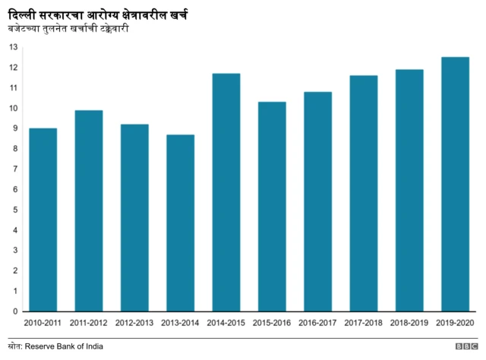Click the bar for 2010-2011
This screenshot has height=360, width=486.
[43, 219]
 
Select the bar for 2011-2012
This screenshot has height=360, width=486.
[89, 210]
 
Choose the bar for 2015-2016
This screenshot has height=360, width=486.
[272, 207]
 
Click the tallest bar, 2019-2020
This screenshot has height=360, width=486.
[455, 184]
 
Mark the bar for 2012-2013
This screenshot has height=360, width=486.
[134, 217]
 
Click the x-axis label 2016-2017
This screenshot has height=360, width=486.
[317, 323]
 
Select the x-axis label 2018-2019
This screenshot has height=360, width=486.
[409, 323]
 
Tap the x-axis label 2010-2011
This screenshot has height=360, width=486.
[43, 323]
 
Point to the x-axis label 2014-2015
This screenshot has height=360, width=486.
[226, 323]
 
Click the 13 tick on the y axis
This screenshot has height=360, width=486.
[13, 47]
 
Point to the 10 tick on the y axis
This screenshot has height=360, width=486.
[13, 108]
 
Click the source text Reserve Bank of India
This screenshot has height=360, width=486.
[64, 346]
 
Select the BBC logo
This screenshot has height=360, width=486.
[465, 346]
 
